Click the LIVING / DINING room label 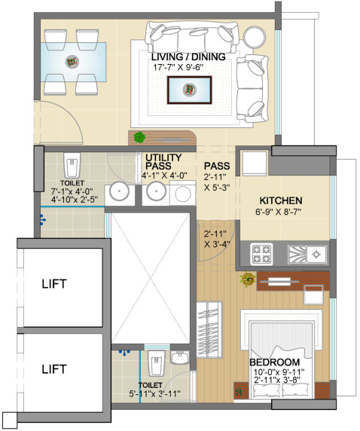click(186, 57)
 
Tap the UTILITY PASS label click(163, 162)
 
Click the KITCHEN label click(281, 200)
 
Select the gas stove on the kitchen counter click(264, 252)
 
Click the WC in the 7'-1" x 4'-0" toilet click(72, 164)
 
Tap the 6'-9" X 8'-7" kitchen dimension click(281, 212)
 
